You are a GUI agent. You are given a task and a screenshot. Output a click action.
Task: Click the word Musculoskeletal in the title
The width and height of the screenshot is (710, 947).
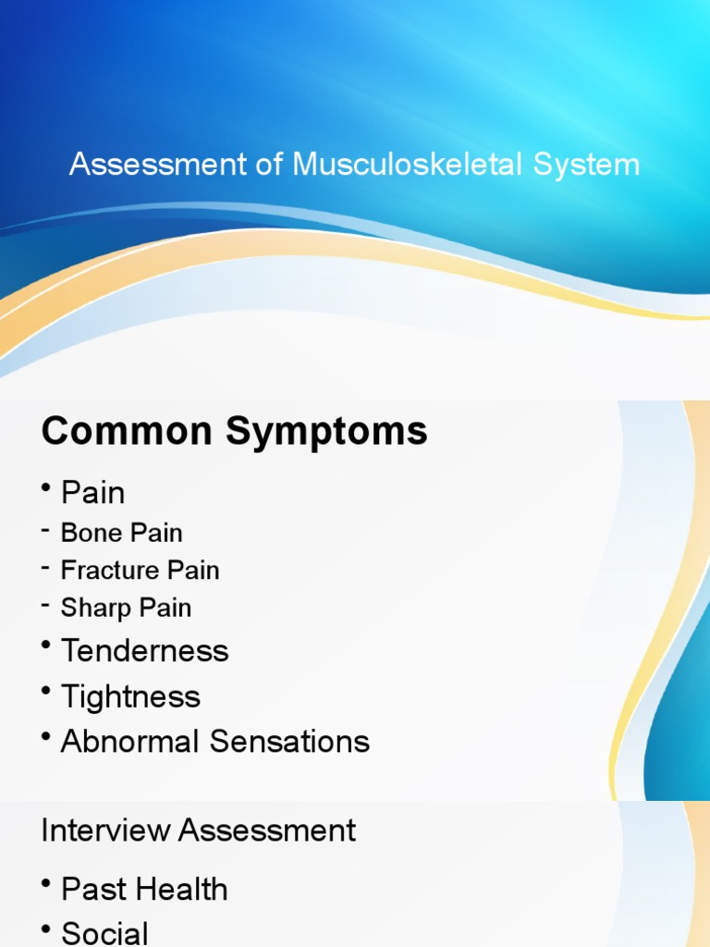[408, 165]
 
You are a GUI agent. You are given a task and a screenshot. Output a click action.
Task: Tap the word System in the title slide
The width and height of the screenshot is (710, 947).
[586, 165]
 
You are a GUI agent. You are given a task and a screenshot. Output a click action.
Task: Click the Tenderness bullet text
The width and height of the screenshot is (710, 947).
[144, 651]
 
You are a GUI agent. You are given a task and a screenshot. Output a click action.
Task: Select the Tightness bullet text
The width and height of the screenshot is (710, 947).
[130, 696]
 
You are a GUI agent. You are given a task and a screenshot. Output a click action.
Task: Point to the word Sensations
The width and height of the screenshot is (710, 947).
[289, 742]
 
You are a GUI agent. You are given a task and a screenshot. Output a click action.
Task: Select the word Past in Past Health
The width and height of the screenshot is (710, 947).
[91, 890]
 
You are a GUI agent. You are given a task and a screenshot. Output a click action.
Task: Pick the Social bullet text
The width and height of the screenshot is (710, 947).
[104, 933]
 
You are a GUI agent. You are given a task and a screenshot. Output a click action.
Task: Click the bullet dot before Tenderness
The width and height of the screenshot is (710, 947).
[46, 647]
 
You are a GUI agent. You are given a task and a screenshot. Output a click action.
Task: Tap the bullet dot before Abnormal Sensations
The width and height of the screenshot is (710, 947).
[46, 738]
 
